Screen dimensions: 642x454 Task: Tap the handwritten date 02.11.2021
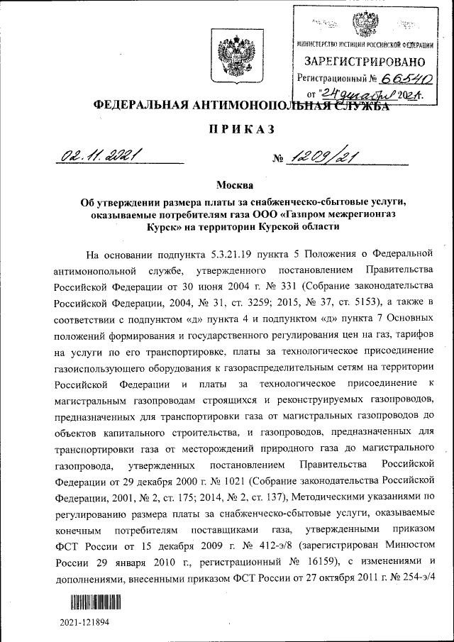click(100, 155)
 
